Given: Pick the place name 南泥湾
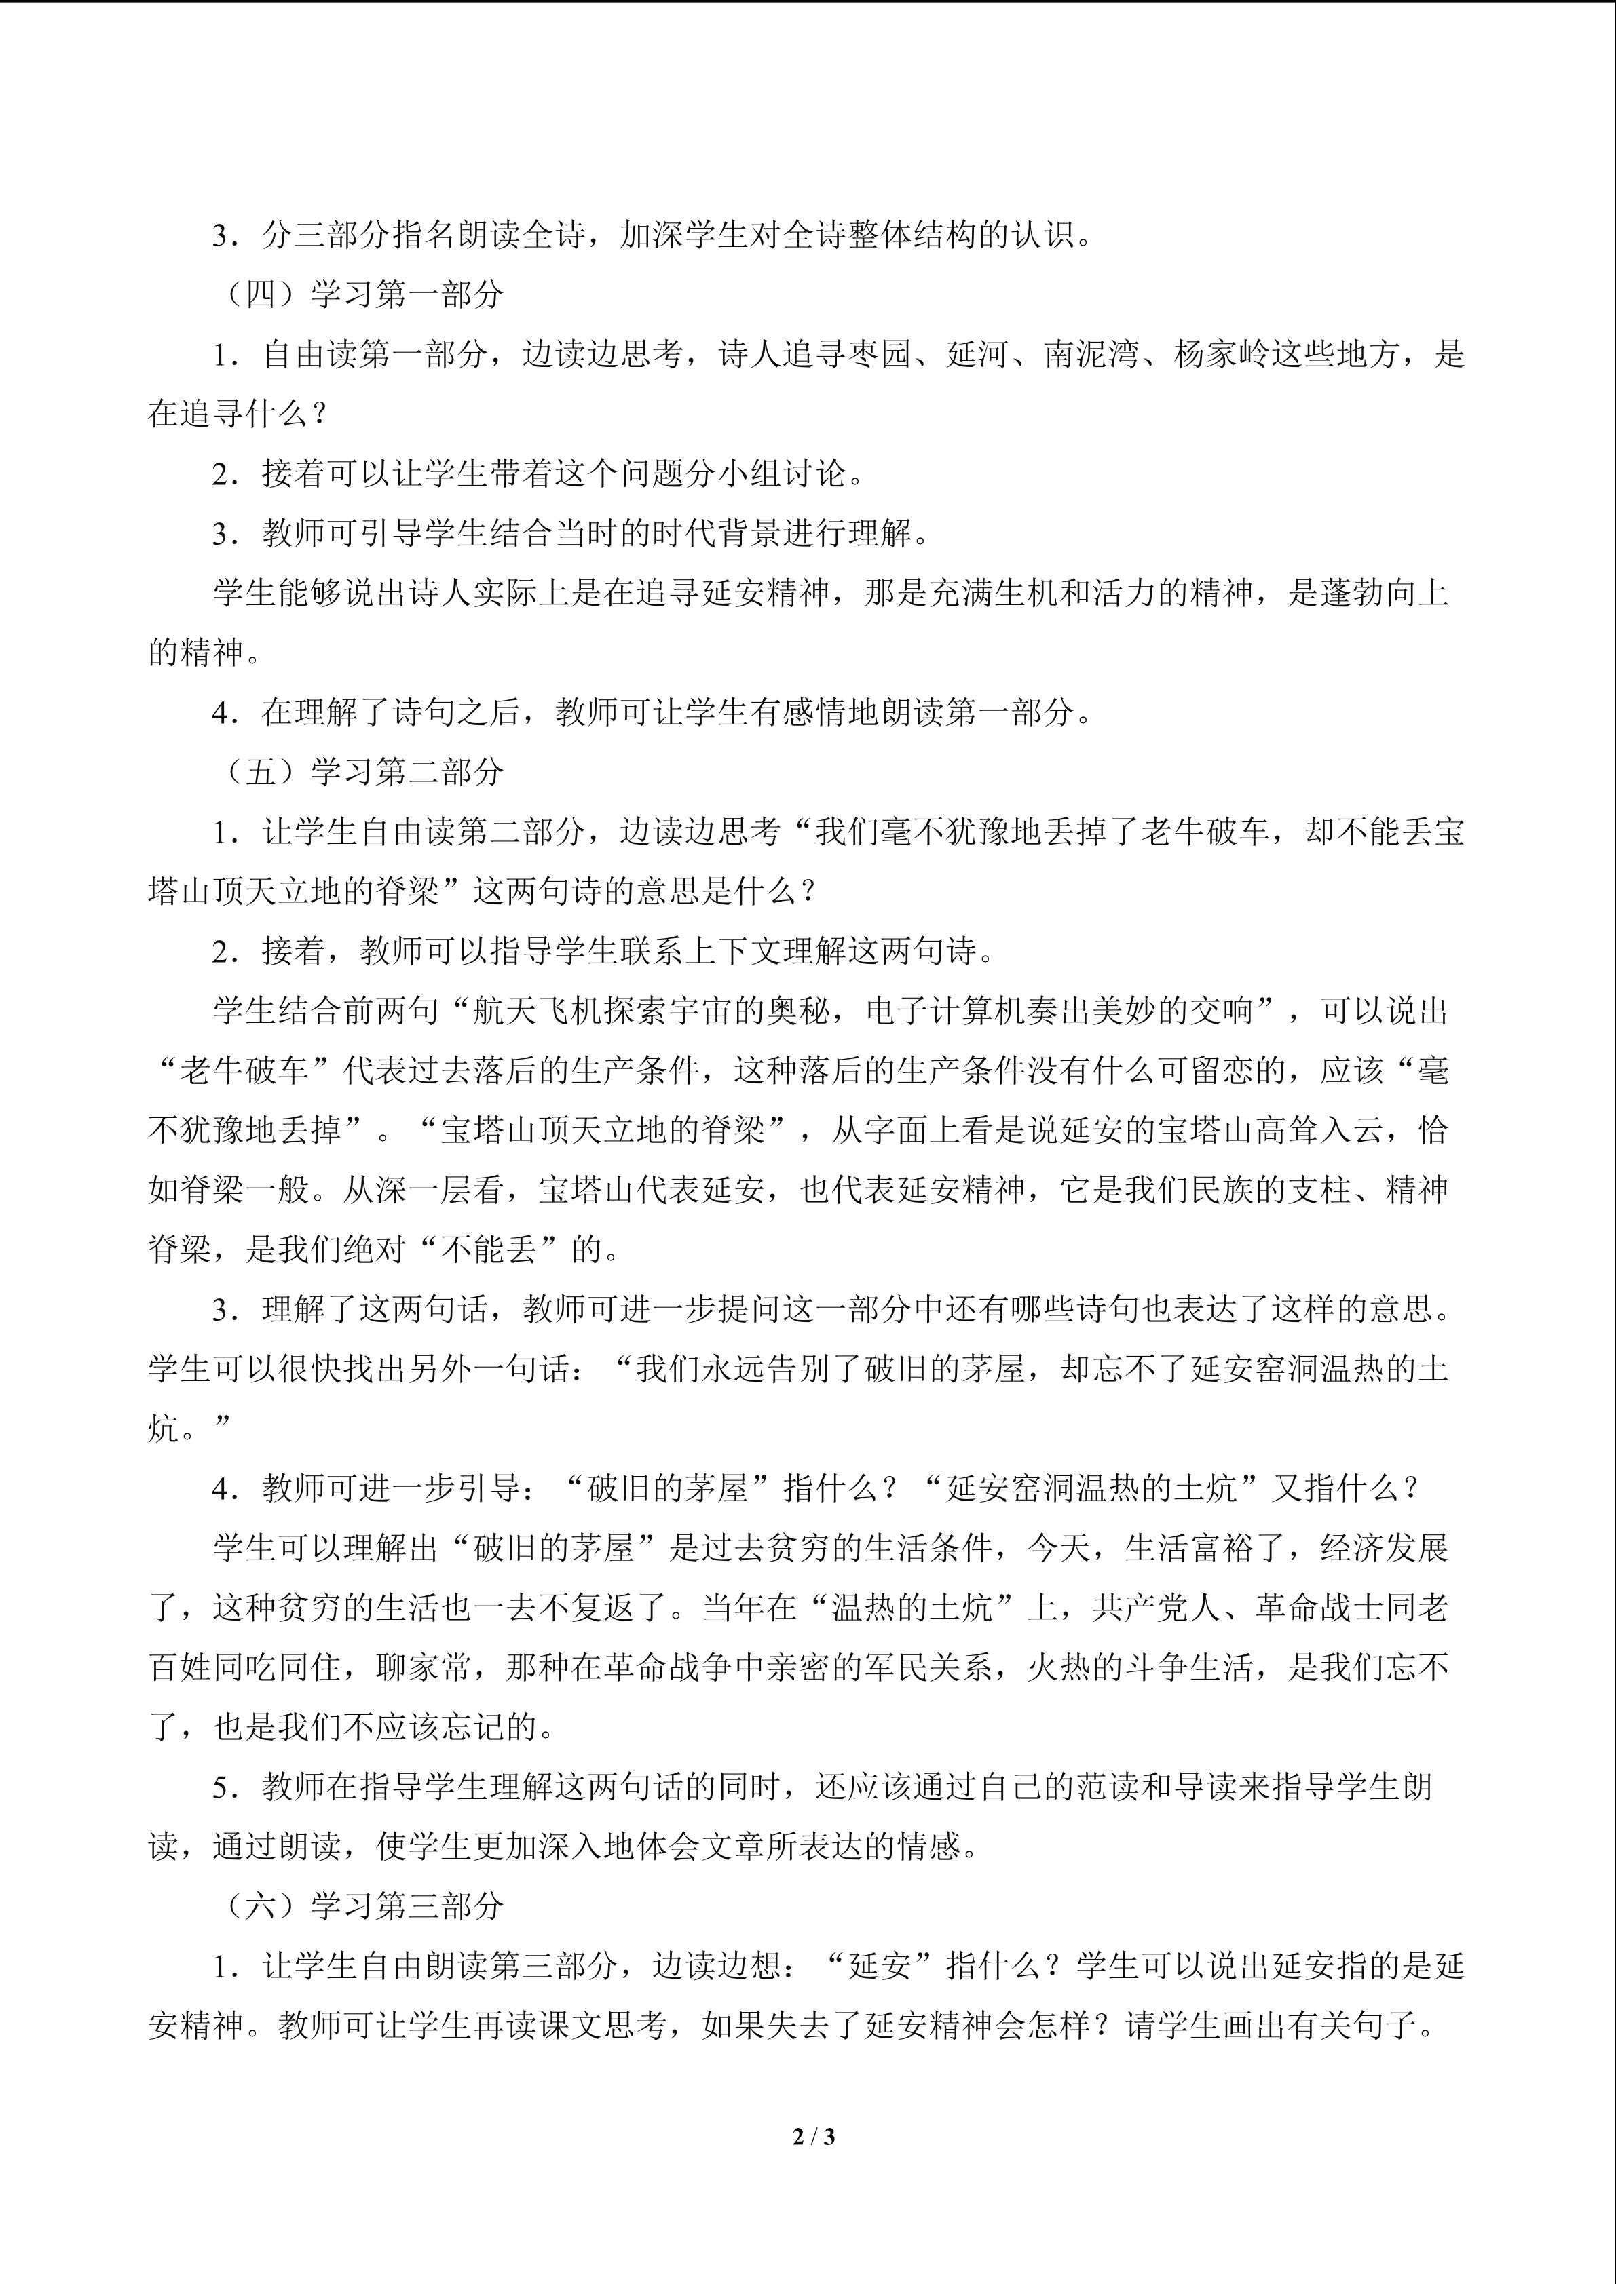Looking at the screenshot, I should pyautogui.click(x=1091, y=354).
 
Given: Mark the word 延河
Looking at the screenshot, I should pyautogui.click(x=977, y=354).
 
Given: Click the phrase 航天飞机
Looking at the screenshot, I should pyautogui.click(x=538, y=1011).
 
